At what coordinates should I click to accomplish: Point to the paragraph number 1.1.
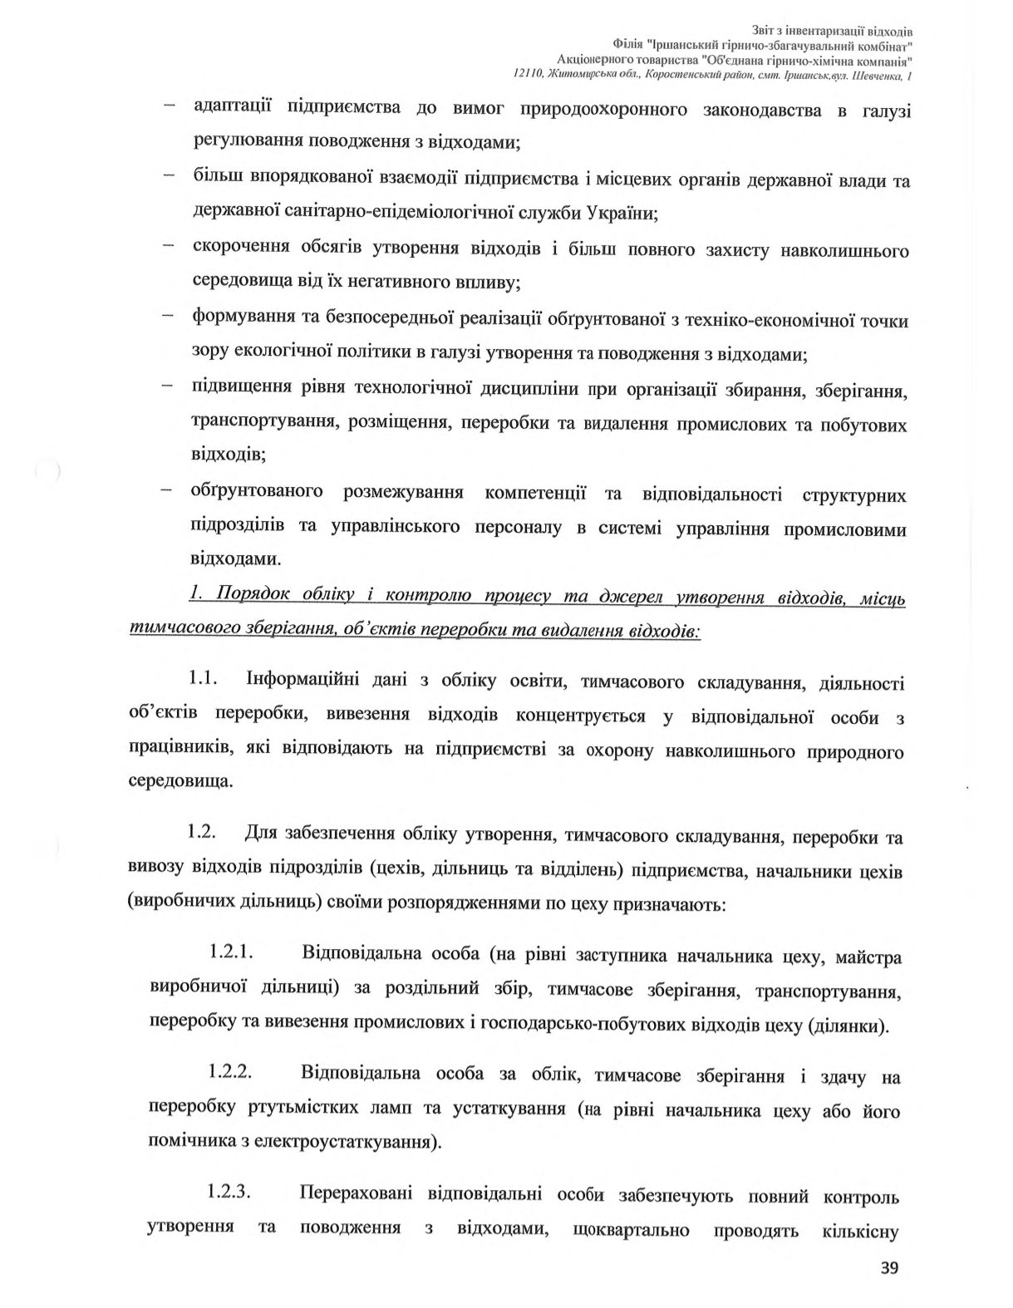(x=203, y=680)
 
